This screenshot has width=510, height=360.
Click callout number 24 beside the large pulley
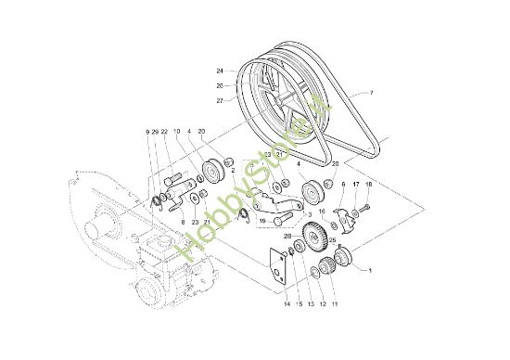(221, 71)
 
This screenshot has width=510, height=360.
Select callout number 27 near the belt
(221, 99)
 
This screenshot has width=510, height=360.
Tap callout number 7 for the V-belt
(371, 93)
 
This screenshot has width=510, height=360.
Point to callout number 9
(147, 133)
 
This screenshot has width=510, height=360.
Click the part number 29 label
(155, 133)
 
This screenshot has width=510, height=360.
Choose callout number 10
(176, 133)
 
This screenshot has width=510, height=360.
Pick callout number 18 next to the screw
(368, 186)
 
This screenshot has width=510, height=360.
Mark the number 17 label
(356, 186)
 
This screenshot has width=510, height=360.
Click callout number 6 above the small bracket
(342, 186)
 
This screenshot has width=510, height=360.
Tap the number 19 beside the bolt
(263, 223)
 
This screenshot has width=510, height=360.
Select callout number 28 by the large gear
(287, 238)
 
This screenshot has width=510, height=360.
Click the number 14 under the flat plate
(287, 303)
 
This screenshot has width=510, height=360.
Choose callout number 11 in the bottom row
(335, 303)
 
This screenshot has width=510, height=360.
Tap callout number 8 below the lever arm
(183, 223)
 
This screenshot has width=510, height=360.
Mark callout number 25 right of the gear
(332, 239)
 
